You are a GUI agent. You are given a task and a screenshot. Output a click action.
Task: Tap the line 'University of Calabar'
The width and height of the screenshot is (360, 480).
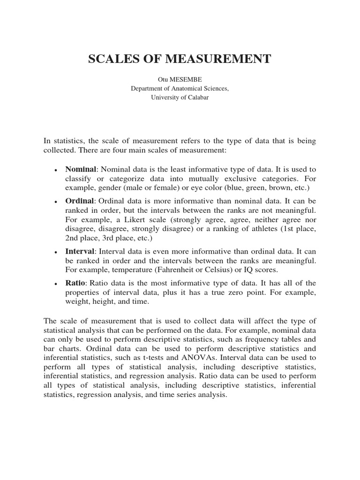(180, 97)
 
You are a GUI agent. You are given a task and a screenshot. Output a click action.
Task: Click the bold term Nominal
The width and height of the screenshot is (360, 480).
(81, 169)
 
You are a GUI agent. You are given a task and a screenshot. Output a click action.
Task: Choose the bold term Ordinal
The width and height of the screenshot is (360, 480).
(80, 201)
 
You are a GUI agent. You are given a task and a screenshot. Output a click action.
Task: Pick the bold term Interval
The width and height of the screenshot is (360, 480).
(80, 251)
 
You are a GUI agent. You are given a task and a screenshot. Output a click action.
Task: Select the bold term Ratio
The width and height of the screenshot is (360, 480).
(75, 283)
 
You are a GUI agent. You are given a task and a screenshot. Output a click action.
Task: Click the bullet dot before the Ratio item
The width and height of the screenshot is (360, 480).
(56, 284)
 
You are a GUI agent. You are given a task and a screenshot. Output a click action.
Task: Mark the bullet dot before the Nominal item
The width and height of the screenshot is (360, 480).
(56, 170)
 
